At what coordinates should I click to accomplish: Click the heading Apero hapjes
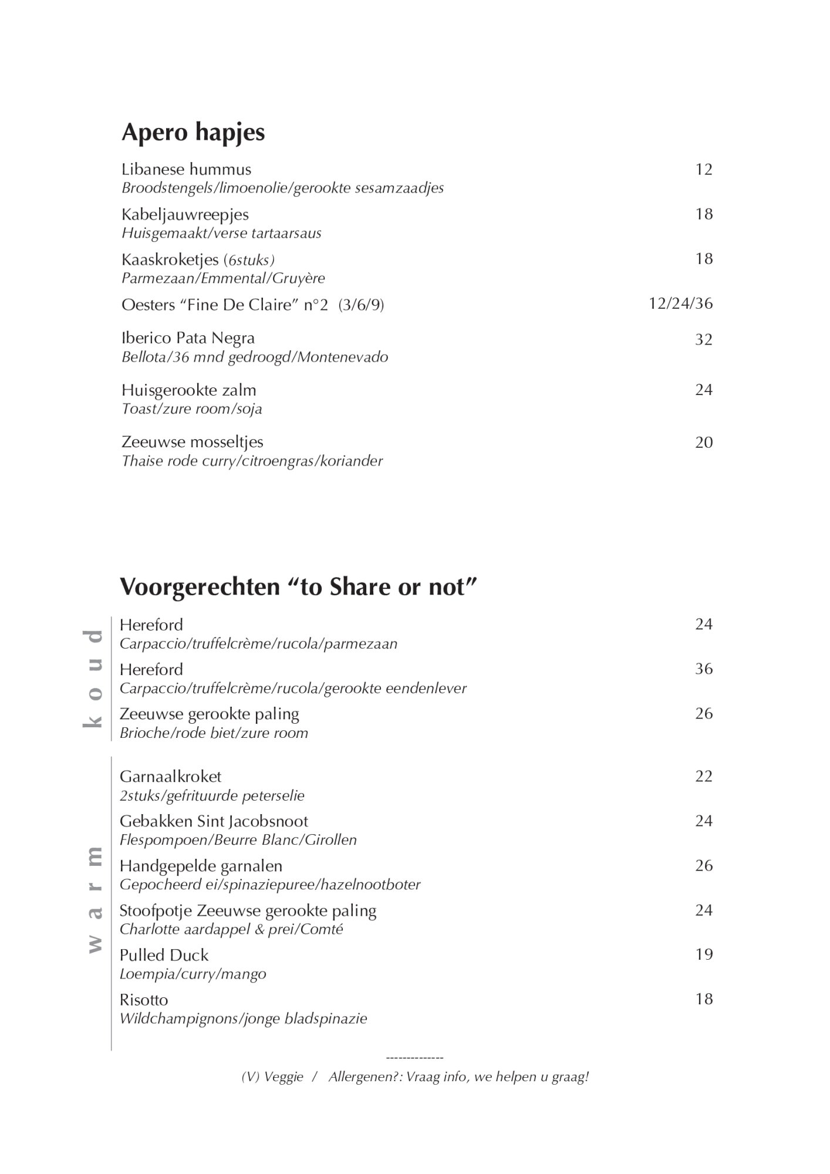point(193,133)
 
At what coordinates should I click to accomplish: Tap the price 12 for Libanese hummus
point(703,170)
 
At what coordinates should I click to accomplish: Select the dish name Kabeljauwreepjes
point(185,214)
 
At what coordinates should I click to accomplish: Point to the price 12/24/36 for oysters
point(680,303)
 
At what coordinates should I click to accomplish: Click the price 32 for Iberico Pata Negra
point(703,340)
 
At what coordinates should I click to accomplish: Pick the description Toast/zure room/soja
point(191,409)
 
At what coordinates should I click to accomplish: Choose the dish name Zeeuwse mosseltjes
point(192,442)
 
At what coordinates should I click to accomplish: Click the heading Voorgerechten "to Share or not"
point(299,587)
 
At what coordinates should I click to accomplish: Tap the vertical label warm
point(93,899)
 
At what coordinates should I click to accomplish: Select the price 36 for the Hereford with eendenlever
point(703,669)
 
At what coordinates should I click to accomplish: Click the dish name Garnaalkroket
point(170,777)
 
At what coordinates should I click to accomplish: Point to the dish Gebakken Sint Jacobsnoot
point(214,821)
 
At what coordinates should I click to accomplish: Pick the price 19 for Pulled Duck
point(703,954)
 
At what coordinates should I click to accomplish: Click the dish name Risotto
point(144,1000)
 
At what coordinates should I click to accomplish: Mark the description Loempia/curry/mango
point(193,974)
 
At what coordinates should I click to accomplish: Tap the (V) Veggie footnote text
point(272,1077)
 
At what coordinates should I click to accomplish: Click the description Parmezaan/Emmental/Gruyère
point(223,278)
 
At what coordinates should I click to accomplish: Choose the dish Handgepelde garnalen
point(201,866)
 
